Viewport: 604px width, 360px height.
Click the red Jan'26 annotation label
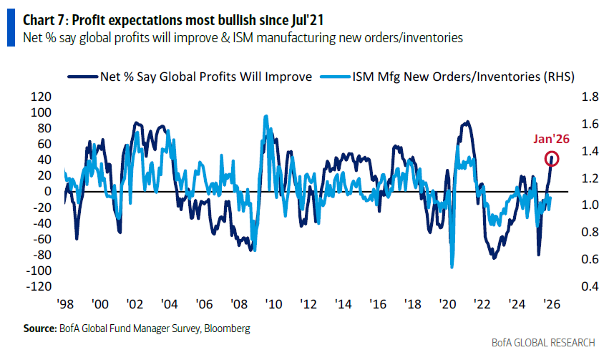(x=551, y=140)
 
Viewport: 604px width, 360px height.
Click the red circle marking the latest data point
(x=552, y=159)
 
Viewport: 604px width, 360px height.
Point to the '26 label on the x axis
(x=550, y=303)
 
